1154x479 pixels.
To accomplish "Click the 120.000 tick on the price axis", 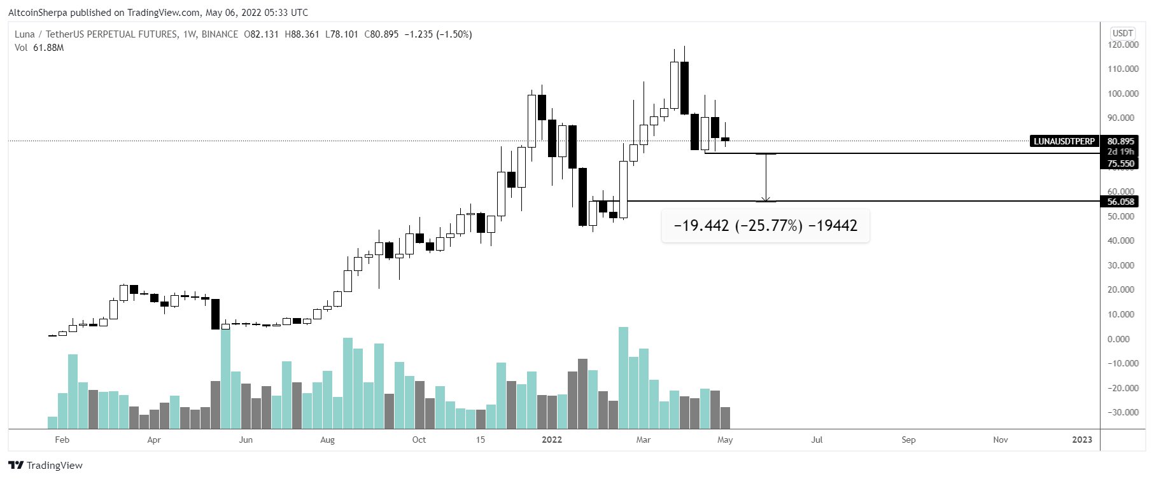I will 1123,45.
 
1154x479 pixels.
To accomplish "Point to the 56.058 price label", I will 1120,202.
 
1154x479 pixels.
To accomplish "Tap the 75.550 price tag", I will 1120,163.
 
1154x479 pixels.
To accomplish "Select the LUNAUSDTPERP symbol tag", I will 1064,141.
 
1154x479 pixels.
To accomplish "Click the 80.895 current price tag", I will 1120,141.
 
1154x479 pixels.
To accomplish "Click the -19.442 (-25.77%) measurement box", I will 765,226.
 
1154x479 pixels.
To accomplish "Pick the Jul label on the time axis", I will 817,440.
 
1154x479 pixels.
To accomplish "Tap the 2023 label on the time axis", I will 1081,440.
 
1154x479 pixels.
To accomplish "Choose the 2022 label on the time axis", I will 551,440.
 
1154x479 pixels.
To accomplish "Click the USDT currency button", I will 1122,33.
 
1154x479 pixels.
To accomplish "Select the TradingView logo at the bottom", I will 46,465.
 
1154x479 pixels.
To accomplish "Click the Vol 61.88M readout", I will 39,48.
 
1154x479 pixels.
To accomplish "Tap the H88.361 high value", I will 302,34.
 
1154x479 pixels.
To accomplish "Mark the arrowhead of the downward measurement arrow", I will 766,199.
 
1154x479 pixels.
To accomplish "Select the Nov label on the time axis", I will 1000,440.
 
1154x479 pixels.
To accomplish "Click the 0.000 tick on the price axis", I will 1125,339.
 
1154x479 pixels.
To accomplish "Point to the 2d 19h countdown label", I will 1120,152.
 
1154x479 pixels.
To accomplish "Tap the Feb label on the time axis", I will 62,440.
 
